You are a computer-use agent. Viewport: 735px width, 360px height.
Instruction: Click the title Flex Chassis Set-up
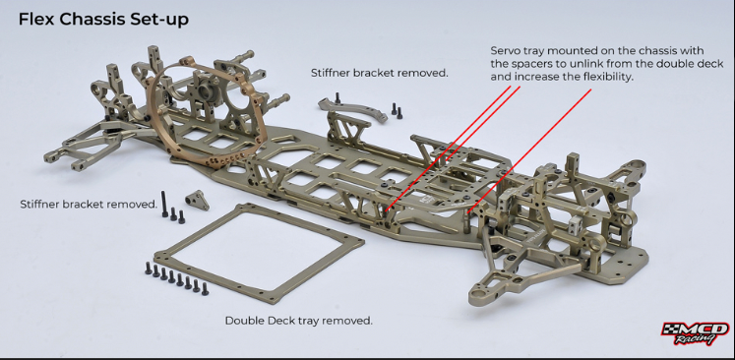click(x=103, y=20)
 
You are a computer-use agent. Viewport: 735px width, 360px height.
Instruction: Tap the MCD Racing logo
click(x=695, y=333)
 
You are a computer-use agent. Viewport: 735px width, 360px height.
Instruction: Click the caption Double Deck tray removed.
click(x=298, y=321)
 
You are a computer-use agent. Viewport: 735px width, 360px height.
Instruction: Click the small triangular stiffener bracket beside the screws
click(x=197, y=200)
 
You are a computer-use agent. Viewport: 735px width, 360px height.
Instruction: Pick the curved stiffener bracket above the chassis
click(x=352, y=109)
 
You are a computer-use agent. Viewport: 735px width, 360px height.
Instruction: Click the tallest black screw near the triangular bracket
click(x=164, y=204)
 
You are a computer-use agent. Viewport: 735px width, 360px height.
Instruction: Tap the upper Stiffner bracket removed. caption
click(x=380, y=73)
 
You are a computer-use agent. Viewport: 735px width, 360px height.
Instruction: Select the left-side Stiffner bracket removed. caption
click(x=89, y=205)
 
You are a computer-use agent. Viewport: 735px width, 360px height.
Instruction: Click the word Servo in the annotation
click(x=504, y=50)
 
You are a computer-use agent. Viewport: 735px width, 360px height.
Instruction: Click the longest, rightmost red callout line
click(x=529, y=150)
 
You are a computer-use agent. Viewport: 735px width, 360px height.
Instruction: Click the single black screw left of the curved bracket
click(x=337, y=98)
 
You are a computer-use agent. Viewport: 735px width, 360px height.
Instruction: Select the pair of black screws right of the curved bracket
click(x=397, y=110)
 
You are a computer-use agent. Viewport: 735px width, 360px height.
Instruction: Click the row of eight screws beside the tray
click(x=176, y=278)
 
